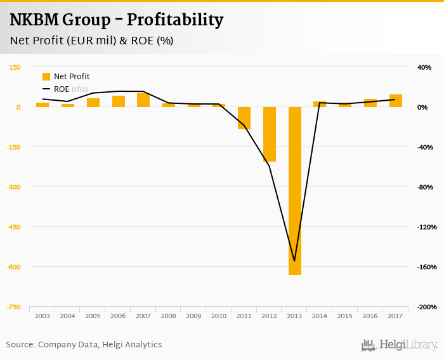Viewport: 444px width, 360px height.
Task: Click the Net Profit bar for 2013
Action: point(294,190)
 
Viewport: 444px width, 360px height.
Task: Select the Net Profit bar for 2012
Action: point(270,134)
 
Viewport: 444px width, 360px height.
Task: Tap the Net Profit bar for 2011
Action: point(244,118)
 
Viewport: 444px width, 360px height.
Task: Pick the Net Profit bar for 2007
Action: point(143,100)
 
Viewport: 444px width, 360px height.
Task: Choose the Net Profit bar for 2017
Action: point(396,101)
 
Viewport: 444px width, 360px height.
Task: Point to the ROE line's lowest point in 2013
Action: point(294,260)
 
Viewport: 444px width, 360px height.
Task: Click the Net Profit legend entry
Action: point(66,77)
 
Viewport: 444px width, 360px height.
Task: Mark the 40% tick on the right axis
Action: point(424,67)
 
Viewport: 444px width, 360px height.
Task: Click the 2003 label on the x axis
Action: point(42,316)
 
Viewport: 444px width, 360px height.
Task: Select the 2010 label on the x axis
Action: point(219,316)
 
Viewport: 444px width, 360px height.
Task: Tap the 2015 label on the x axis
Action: point(345,316)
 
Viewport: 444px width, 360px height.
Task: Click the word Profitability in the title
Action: point(175,20)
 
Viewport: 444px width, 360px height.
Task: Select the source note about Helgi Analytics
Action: point(84,345)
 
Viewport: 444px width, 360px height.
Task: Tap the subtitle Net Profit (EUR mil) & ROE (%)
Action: point(92,41)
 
